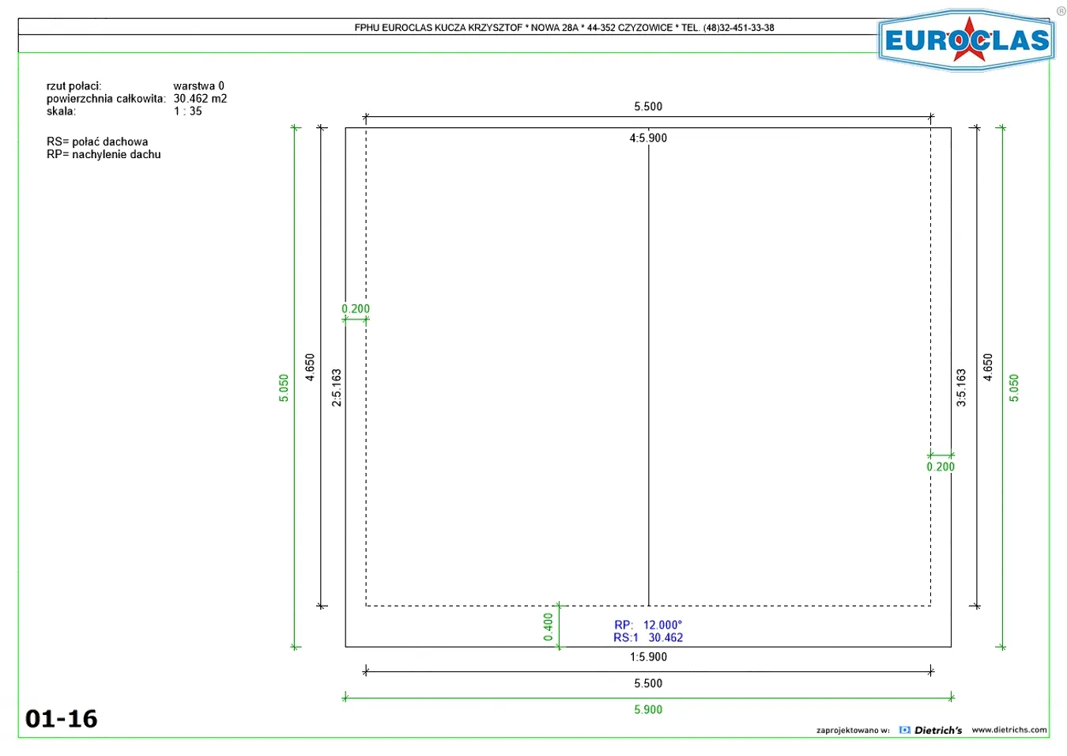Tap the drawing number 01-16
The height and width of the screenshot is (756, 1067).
tap(61, 719)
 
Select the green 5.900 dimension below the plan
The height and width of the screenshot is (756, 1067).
tap(648, 710)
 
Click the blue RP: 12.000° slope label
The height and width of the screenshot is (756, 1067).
tap(648, 625)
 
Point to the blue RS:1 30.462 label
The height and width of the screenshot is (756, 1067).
tap(648, 638)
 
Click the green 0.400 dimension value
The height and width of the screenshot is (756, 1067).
tap(549, 627)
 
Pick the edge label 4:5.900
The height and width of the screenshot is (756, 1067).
tap(648, 138)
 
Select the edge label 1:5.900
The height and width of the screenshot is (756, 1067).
tap(648, 657)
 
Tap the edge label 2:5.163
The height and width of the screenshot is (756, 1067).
tap(337, 387)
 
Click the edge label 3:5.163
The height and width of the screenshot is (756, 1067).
tap(961, 387)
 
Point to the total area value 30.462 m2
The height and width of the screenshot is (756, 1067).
tap(200, 99)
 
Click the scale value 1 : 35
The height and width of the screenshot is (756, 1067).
tap(187, 111)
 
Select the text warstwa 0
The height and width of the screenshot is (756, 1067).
tap(198, 85)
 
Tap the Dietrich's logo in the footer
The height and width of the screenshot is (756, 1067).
tap(931, 730)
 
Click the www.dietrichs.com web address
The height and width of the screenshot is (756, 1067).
tap(1009, 730)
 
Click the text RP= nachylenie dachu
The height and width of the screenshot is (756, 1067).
tap(104, 154)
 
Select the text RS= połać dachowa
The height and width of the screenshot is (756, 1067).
tap(97, 142)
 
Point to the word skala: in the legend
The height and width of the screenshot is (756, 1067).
tap(61, 111)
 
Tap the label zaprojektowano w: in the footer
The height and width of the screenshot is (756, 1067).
tap(853, 730)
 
